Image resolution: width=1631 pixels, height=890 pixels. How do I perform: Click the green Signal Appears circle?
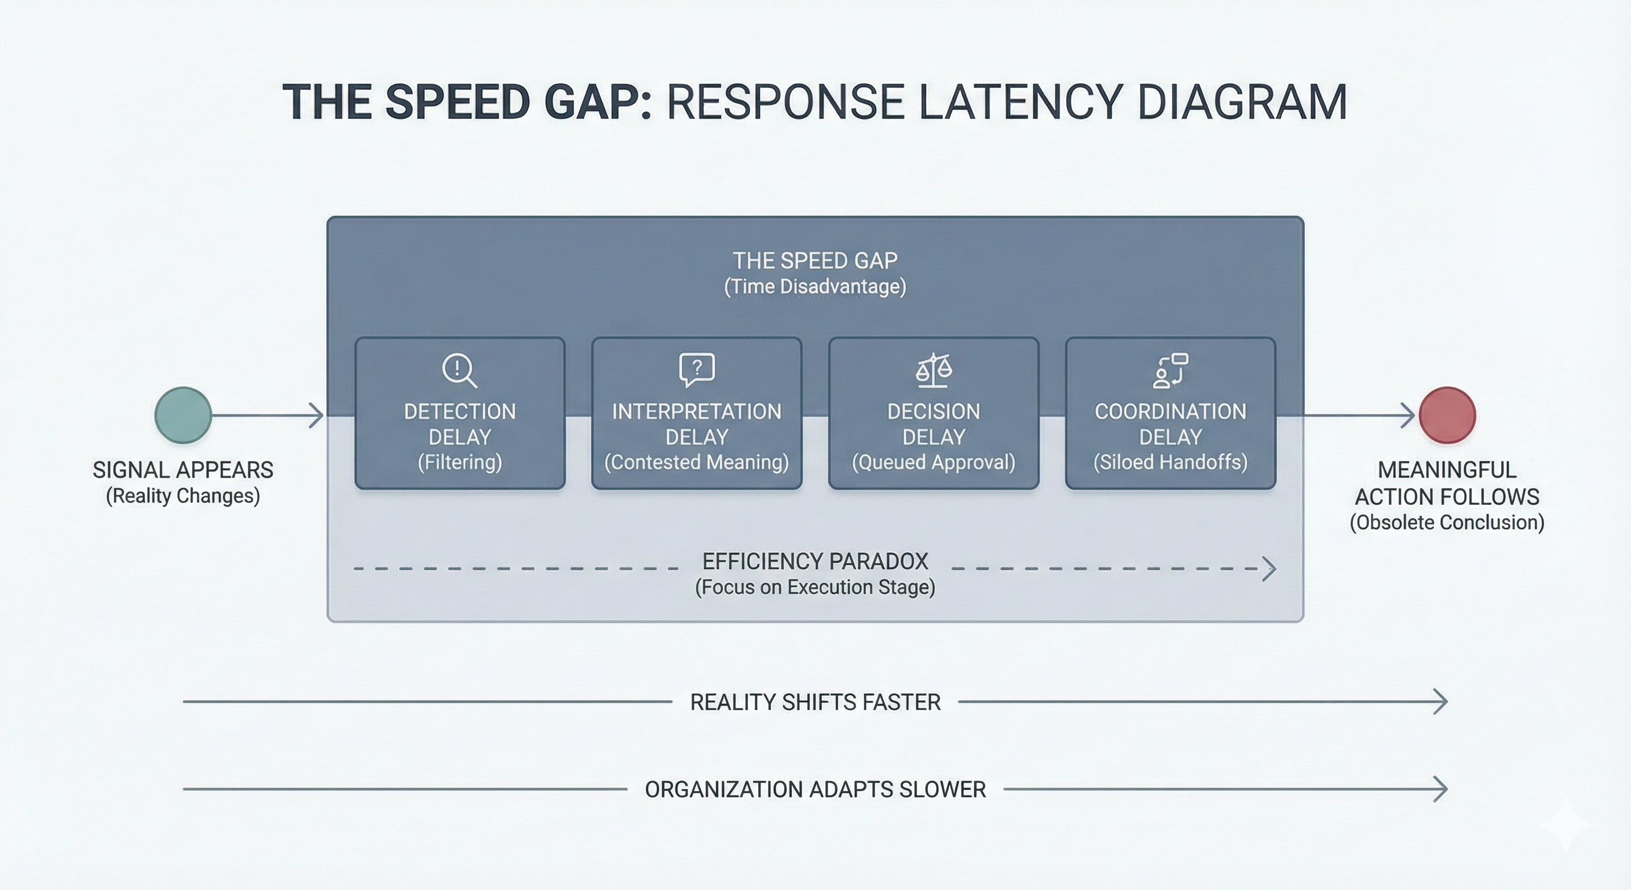[183, 415]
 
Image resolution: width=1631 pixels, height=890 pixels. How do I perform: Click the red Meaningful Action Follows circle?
[1447, 415]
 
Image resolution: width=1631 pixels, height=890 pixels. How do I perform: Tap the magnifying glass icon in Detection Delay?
[459, 370]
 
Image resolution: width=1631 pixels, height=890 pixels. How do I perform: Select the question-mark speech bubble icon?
[696, 369]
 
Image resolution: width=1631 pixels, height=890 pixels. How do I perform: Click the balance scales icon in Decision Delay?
[933, 370]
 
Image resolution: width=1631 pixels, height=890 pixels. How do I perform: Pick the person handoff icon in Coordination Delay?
[1170, 370]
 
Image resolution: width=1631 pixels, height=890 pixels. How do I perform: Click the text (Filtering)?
[460, 462]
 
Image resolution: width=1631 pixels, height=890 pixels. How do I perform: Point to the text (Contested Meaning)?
[696, 462]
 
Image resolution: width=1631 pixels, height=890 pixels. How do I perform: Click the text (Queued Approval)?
[933, 462]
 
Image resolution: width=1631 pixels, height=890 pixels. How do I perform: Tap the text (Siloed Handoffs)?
[1170, 462]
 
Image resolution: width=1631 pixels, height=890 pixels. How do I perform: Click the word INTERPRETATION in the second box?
[696, 411]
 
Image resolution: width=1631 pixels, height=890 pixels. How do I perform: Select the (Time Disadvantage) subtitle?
[815, 286]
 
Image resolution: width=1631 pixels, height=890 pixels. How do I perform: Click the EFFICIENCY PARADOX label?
[815, 561]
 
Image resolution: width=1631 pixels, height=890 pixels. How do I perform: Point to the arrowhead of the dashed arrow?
[1269, 568]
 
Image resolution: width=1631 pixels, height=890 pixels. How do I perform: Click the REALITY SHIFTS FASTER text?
[815, 702]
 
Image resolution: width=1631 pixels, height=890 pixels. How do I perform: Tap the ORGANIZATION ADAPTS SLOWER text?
[815, 789]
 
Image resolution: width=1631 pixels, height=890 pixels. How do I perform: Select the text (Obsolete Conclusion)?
[1447, 523]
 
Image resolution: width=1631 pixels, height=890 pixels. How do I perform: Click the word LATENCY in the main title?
[1019, 102]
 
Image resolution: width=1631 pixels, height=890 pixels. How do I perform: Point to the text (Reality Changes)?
[183, 495]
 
